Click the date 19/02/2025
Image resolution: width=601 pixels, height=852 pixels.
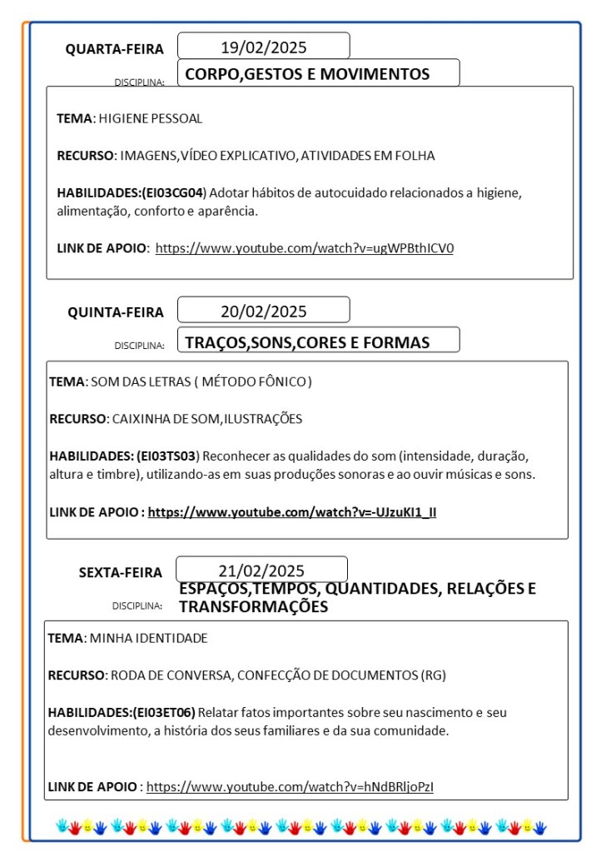(263, 47)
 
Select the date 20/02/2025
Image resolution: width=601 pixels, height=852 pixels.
(263, 311)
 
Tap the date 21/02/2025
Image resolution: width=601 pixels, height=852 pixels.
(261, 570)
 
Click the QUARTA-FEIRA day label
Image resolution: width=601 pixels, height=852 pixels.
(115, 49)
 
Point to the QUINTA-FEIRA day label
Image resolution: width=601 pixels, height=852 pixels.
(116, 312)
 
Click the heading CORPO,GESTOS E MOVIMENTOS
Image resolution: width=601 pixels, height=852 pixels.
(307, 74)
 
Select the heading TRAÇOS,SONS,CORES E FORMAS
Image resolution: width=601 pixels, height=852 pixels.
(307, 342)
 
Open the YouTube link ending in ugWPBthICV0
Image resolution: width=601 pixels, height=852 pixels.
(305, 247)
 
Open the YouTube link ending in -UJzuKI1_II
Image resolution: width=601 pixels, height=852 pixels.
(292, 511)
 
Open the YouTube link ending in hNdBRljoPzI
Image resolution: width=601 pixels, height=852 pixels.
(290, 785)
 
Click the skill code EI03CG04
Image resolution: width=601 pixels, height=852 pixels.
(173, 192)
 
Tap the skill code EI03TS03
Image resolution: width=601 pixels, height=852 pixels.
(166, 456)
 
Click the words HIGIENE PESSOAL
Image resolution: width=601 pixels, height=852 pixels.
(150, 118)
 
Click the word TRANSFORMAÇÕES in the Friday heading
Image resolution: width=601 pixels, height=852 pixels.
(253, 607)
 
